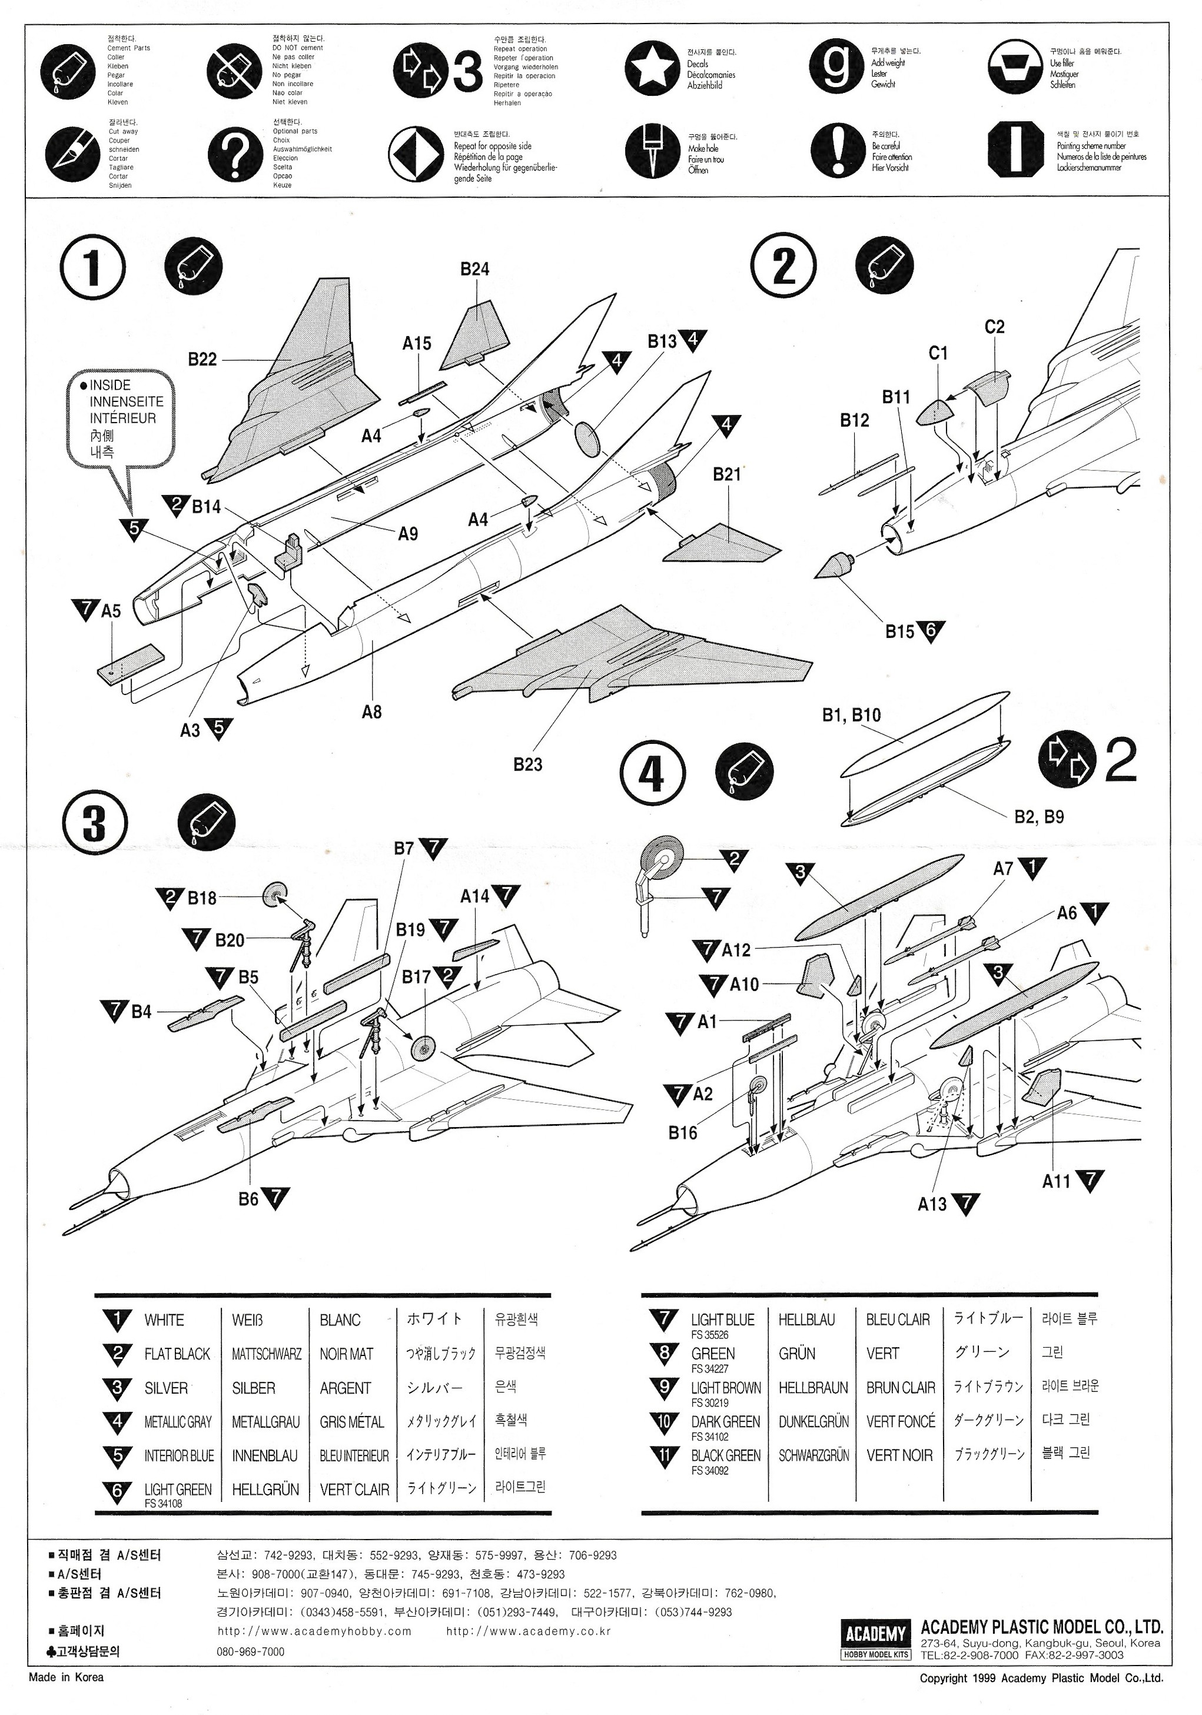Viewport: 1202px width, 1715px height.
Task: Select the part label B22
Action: point(202,359)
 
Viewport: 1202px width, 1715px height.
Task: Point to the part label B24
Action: point(474,269)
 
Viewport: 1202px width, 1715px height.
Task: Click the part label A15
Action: point(416,344)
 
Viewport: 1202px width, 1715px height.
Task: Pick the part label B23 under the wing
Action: point(527,764)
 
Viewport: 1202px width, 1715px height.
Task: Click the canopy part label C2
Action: point(994,327)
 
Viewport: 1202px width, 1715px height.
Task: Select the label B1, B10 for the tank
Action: point(851,715)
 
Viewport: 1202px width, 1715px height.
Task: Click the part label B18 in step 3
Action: point(202,898)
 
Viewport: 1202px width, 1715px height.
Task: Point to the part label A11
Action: point(1055,1181)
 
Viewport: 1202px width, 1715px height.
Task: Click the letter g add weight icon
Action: point(836,67)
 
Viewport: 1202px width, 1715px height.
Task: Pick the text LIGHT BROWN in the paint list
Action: point(725,1388)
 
